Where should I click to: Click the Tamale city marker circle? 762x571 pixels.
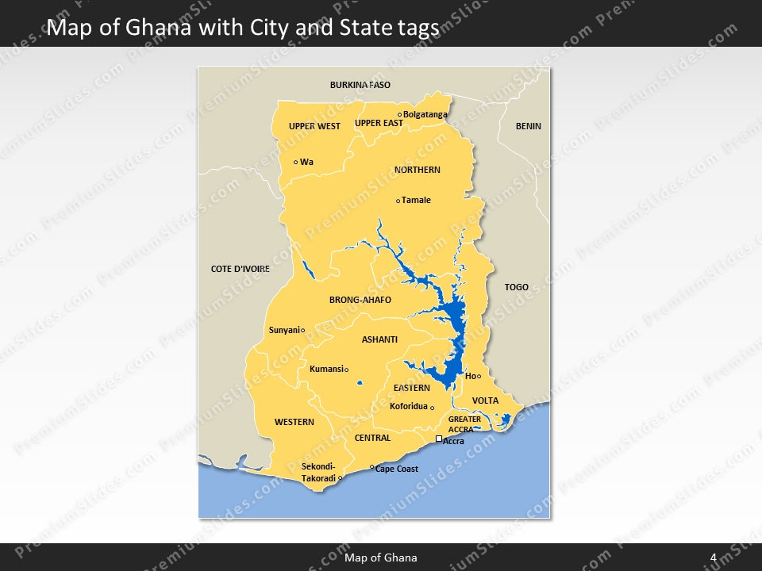(398, 201)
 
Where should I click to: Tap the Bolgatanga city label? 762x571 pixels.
(425, 114)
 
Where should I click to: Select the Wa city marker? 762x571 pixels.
(296, 162)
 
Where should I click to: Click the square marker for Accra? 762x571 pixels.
(439, 439)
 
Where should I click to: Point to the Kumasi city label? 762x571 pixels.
(325, 369)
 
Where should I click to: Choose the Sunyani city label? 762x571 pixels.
(283, 330)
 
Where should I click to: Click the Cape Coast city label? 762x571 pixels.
(397, 469)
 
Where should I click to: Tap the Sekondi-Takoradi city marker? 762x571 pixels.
(341, 478)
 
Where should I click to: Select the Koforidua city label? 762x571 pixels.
(409, 406)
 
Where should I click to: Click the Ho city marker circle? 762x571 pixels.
(479, 376)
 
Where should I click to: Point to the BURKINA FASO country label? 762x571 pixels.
(360, 85)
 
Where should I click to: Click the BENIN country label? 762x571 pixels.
(528, 126)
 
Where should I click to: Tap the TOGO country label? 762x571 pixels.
(516, 287)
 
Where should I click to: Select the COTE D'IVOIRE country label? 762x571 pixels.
(241, 269)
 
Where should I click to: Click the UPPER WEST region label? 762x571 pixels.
(314, 126)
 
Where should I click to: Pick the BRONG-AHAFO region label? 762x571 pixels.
(360, 301)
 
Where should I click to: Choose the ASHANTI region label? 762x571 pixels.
(379, 339)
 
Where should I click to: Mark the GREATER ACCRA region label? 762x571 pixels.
(464, 424)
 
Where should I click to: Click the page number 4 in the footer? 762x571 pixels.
(713, 558)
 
